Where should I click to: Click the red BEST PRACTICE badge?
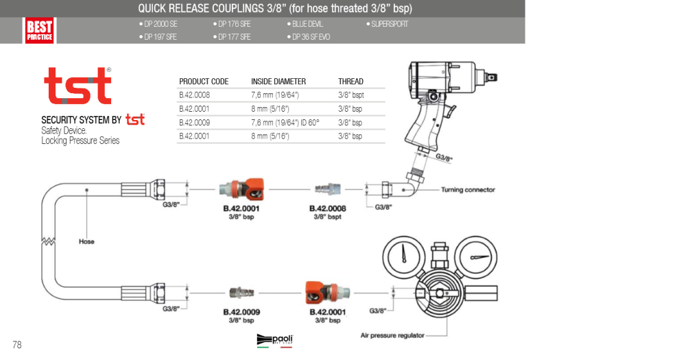point(39,30)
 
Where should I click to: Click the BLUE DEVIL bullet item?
point(305,24)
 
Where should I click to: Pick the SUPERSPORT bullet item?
point(387,24)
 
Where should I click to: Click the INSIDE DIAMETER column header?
point(278,82)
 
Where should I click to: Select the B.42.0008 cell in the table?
point(194,95)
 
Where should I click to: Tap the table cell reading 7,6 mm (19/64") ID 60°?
point(285,123)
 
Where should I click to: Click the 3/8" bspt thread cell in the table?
point(350,95)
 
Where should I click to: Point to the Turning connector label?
point(468,189)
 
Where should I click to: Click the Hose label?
point(86,241)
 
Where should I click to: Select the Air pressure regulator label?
point(392,335)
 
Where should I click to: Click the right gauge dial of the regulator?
point(477,256)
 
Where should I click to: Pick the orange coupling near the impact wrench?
point(241,189)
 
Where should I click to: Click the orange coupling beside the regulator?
point(327,293)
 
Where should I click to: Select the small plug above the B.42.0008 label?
point(328,189)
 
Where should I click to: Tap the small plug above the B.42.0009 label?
point(241,293)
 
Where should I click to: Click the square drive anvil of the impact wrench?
point(492,77)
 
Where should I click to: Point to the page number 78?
point(17,345)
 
